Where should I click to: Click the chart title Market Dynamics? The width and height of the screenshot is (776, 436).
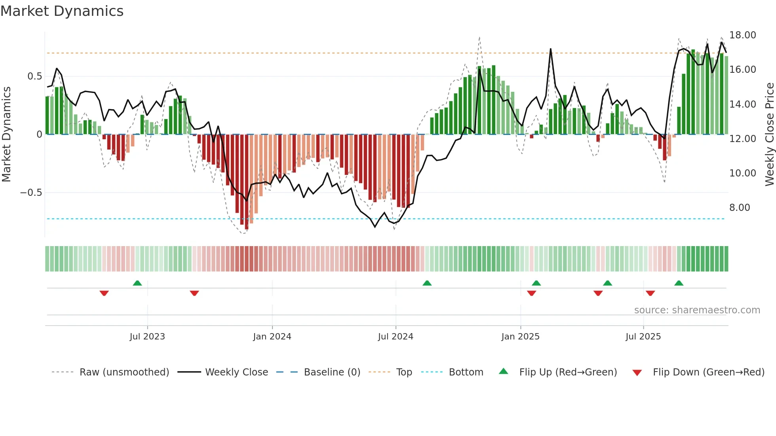(x=62, y=11)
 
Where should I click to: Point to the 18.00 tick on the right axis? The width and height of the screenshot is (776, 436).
(x=742, y=35)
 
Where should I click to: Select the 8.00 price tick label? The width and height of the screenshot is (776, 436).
(x=739, y=208)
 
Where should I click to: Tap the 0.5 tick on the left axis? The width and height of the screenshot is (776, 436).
(x=34, y=76)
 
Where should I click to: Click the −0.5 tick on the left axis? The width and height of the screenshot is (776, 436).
(x=31, y=193)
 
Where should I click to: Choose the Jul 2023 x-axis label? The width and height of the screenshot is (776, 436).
(x=147, y=337)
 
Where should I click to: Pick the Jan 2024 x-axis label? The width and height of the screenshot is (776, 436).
(x=272, y=337)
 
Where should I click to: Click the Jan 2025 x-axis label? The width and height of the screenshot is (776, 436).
(x=520, y=337)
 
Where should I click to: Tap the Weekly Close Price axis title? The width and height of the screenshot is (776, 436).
(x=769, y=134)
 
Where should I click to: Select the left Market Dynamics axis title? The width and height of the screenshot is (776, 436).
(x=6, y=134)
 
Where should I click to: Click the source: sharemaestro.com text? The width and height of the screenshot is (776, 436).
(x=697, y=310)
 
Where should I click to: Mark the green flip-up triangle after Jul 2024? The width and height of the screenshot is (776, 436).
(x=427, y=283)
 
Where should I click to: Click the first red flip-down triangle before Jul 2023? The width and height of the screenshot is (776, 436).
(x=104, y=293)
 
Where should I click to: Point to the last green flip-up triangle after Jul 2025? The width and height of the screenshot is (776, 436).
(x=679, y=283)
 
